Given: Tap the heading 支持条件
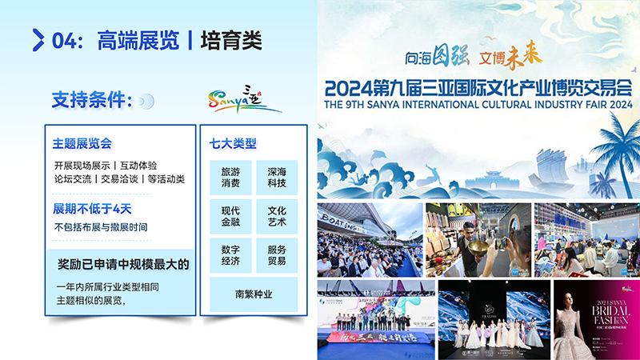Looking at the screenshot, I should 91,101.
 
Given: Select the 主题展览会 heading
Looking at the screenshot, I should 82,144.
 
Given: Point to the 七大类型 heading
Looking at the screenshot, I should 233,144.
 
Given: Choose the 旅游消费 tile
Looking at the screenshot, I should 230,178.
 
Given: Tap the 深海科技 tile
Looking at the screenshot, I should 277,178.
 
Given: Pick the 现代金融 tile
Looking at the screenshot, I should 230,215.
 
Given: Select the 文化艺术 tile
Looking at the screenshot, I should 277,215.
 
